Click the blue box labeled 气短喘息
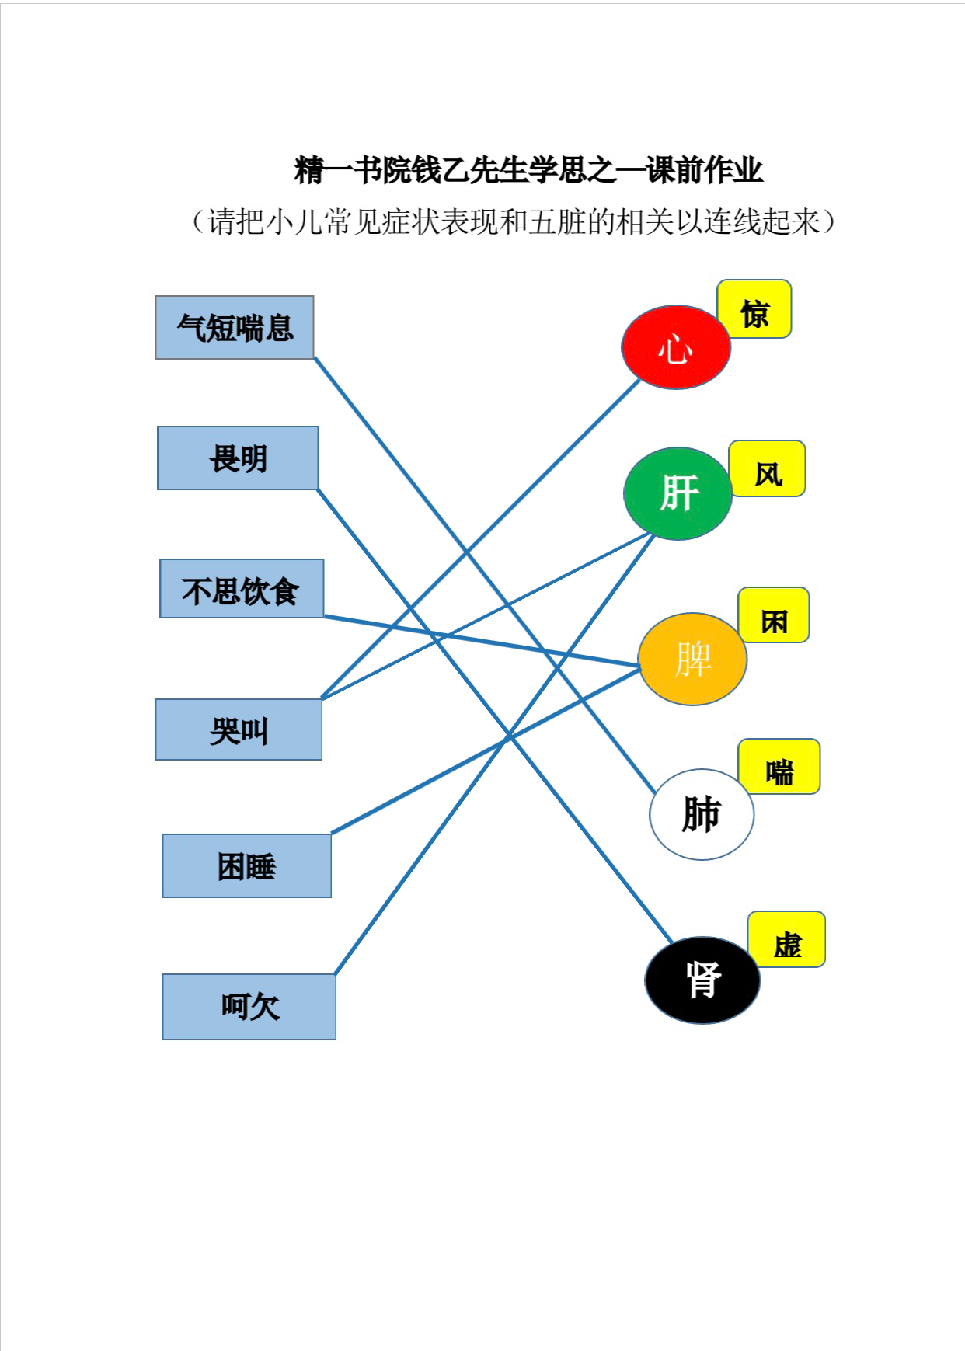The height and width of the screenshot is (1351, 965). tap(235, 327)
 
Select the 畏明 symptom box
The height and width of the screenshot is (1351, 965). tap(238, 458)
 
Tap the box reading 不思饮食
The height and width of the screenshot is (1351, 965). tap(242, 589)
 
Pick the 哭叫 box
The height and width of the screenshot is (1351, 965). tap(239, 729)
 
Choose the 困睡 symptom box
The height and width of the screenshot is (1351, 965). tap(246, 865)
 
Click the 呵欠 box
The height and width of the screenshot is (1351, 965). tap(249, 1007)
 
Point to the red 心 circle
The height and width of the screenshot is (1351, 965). tap(676, 347)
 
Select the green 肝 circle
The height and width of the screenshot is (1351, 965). tap(678, 493)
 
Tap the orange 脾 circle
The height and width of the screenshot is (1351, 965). tap(692, 659)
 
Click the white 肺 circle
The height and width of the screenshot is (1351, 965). tap(702, 814)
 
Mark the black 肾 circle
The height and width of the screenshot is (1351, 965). tap(702, 980)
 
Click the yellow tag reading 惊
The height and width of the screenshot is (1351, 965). tap(754, 309)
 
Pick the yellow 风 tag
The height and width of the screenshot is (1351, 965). tap(767, 468)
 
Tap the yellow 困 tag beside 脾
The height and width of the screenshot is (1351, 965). tap(773, 615)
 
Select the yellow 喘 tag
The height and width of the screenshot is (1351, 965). tap(779, 767)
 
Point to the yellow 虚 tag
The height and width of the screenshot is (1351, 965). tap(786, 939)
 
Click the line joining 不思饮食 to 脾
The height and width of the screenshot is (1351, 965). tap(482, 641)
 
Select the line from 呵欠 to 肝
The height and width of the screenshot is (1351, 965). tap(494, 754)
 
